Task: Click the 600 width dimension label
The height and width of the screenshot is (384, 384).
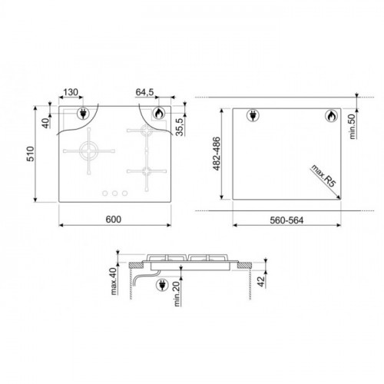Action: click(x=114, y=220)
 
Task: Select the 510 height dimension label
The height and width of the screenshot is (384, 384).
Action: click(x=31, y=154)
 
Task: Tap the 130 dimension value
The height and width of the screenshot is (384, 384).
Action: click(x=71, y=92)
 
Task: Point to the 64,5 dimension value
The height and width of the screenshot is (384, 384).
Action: click(x=144, y=92)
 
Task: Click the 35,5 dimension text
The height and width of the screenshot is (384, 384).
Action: click(x=180, y=127)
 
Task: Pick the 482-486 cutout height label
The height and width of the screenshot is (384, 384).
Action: click(x=217, y=154)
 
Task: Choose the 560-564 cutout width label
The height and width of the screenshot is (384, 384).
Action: click(x=286, y=220)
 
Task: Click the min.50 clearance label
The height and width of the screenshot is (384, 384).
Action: click(x=353, y=127)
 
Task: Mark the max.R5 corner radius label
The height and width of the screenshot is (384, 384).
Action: click(x=323, y=176)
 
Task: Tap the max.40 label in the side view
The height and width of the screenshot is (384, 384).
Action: click(x=114, y=281)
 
